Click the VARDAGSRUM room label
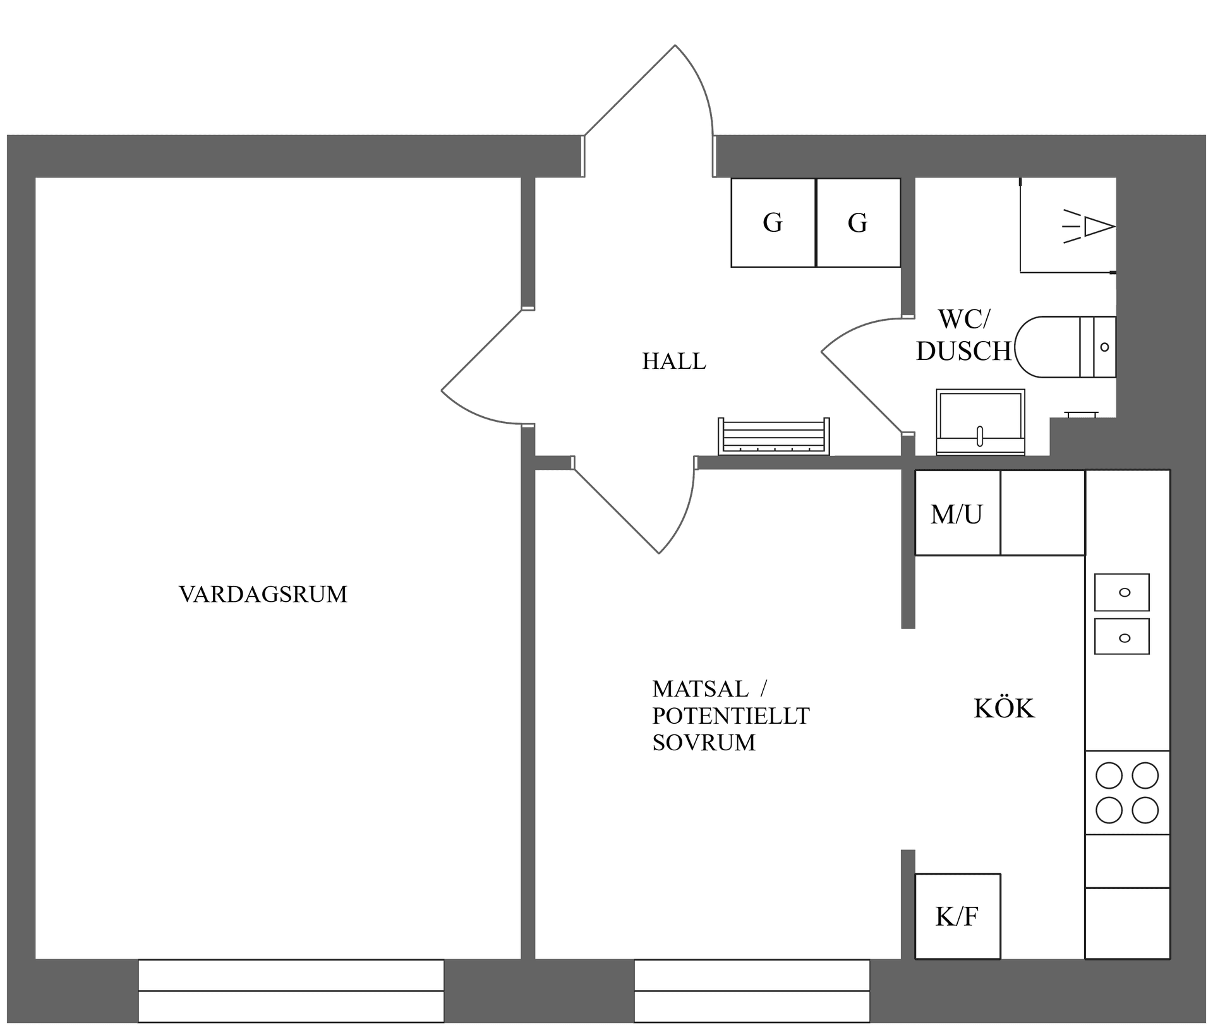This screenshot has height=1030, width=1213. [x=263, y=594]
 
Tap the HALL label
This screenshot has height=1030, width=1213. [x=673, y=361]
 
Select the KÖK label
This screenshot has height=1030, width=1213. [x=1003, y=709]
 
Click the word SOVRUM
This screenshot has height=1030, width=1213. [x=703, y=743]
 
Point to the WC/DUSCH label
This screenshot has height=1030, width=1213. [x=963, y=335]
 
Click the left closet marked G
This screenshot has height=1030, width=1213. [x=773, y=222]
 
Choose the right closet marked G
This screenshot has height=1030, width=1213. [x=857, y=222]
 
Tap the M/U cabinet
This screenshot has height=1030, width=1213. [x=957, y=513]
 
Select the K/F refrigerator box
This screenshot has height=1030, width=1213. [x=957, y=916]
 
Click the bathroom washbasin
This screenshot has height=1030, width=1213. [x=980, y=421]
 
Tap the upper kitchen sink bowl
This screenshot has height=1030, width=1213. [x=1121, y=592]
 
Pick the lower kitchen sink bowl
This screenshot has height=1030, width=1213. [x=1121, y=637]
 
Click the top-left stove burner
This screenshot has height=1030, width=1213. [x=1109, y=775]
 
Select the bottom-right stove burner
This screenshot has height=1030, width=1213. [x=1145, y=810]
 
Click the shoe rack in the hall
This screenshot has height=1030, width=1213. [x=773, y=437]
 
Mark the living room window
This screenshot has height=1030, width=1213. [x=291, y=990]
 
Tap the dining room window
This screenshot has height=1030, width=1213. [x=751, y=990]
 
